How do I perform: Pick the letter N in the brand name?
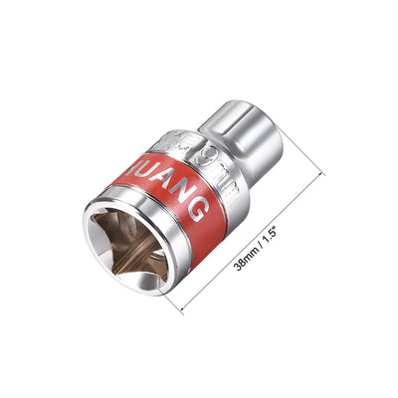tap(187, 195)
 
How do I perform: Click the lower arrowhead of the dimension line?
tap(185, 309)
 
